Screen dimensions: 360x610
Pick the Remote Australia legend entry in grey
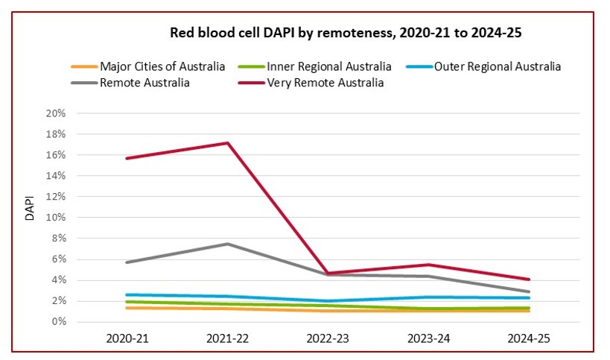click(144, 83)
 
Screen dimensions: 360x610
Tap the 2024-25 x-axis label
click(528, 338)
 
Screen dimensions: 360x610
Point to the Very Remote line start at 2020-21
click(127, 158)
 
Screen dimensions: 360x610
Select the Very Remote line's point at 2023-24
click(428, 265)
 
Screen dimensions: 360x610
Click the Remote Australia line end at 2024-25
click(528, 291)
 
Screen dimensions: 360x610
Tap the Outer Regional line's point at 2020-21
click(127, 294)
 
